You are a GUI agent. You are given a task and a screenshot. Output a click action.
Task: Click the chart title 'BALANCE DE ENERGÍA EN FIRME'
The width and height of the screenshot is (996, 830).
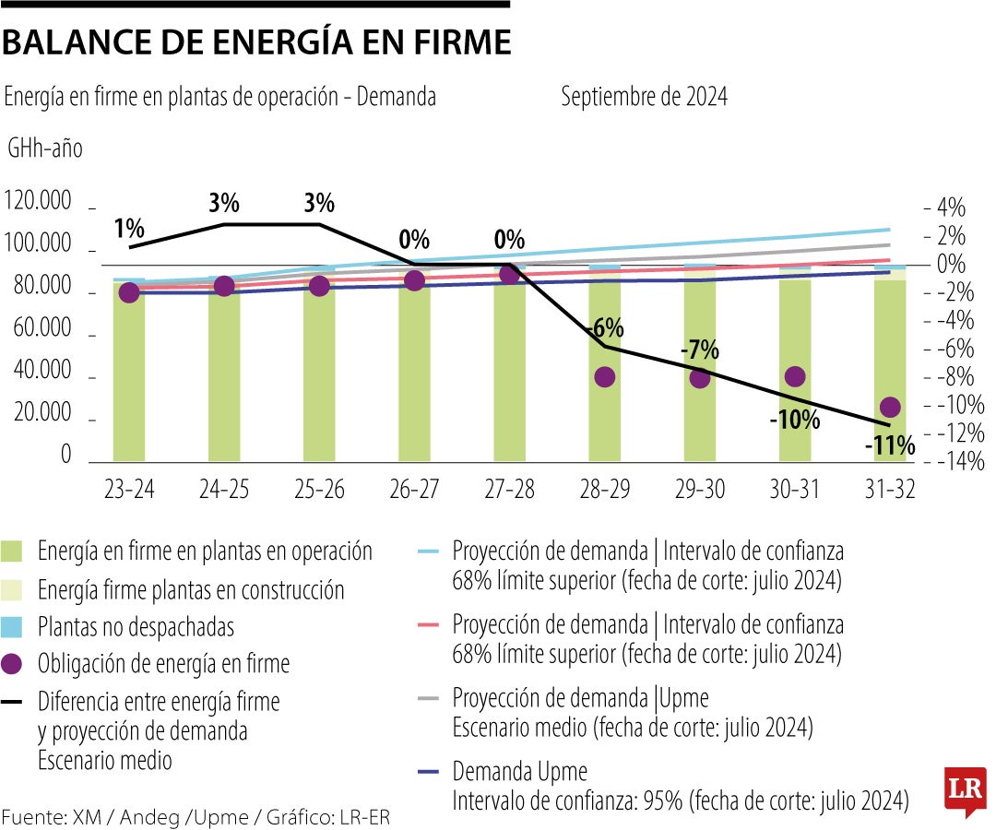(x=256, y=43)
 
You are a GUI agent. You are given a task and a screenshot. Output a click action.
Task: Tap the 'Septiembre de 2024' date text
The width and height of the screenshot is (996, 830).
(x=644, y=97)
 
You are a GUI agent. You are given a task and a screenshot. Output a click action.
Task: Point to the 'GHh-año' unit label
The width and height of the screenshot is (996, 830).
(x=45, y=148)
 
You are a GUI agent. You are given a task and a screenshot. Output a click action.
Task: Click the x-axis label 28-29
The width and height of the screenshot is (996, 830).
(x=604, y=491)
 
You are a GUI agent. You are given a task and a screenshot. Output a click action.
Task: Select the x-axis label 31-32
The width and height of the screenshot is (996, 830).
(x=889, y=491)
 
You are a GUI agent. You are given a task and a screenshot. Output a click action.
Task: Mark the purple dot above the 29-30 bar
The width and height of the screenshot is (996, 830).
(x=700, y=377)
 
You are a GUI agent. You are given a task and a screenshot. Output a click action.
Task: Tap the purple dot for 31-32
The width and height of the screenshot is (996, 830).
(x=890, y=408)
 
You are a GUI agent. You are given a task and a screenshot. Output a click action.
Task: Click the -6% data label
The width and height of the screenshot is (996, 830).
(x=605, y=328)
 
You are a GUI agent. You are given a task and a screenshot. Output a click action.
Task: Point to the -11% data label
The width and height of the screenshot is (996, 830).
(x=890, y=447)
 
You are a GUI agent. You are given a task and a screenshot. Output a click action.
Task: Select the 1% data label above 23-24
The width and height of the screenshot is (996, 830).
(x=129, y=228)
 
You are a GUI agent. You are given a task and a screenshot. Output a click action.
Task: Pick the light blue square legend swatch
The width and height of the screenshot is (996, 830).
(x=13, y=627)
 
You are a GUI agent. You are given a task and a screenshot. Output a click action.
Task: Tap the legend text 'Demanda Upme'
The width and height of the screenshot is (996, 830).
(x=519, y=771)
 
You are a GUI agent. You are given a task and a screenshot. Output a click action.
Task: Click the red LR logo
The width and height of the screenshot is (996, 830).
(x=964, y=790)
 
